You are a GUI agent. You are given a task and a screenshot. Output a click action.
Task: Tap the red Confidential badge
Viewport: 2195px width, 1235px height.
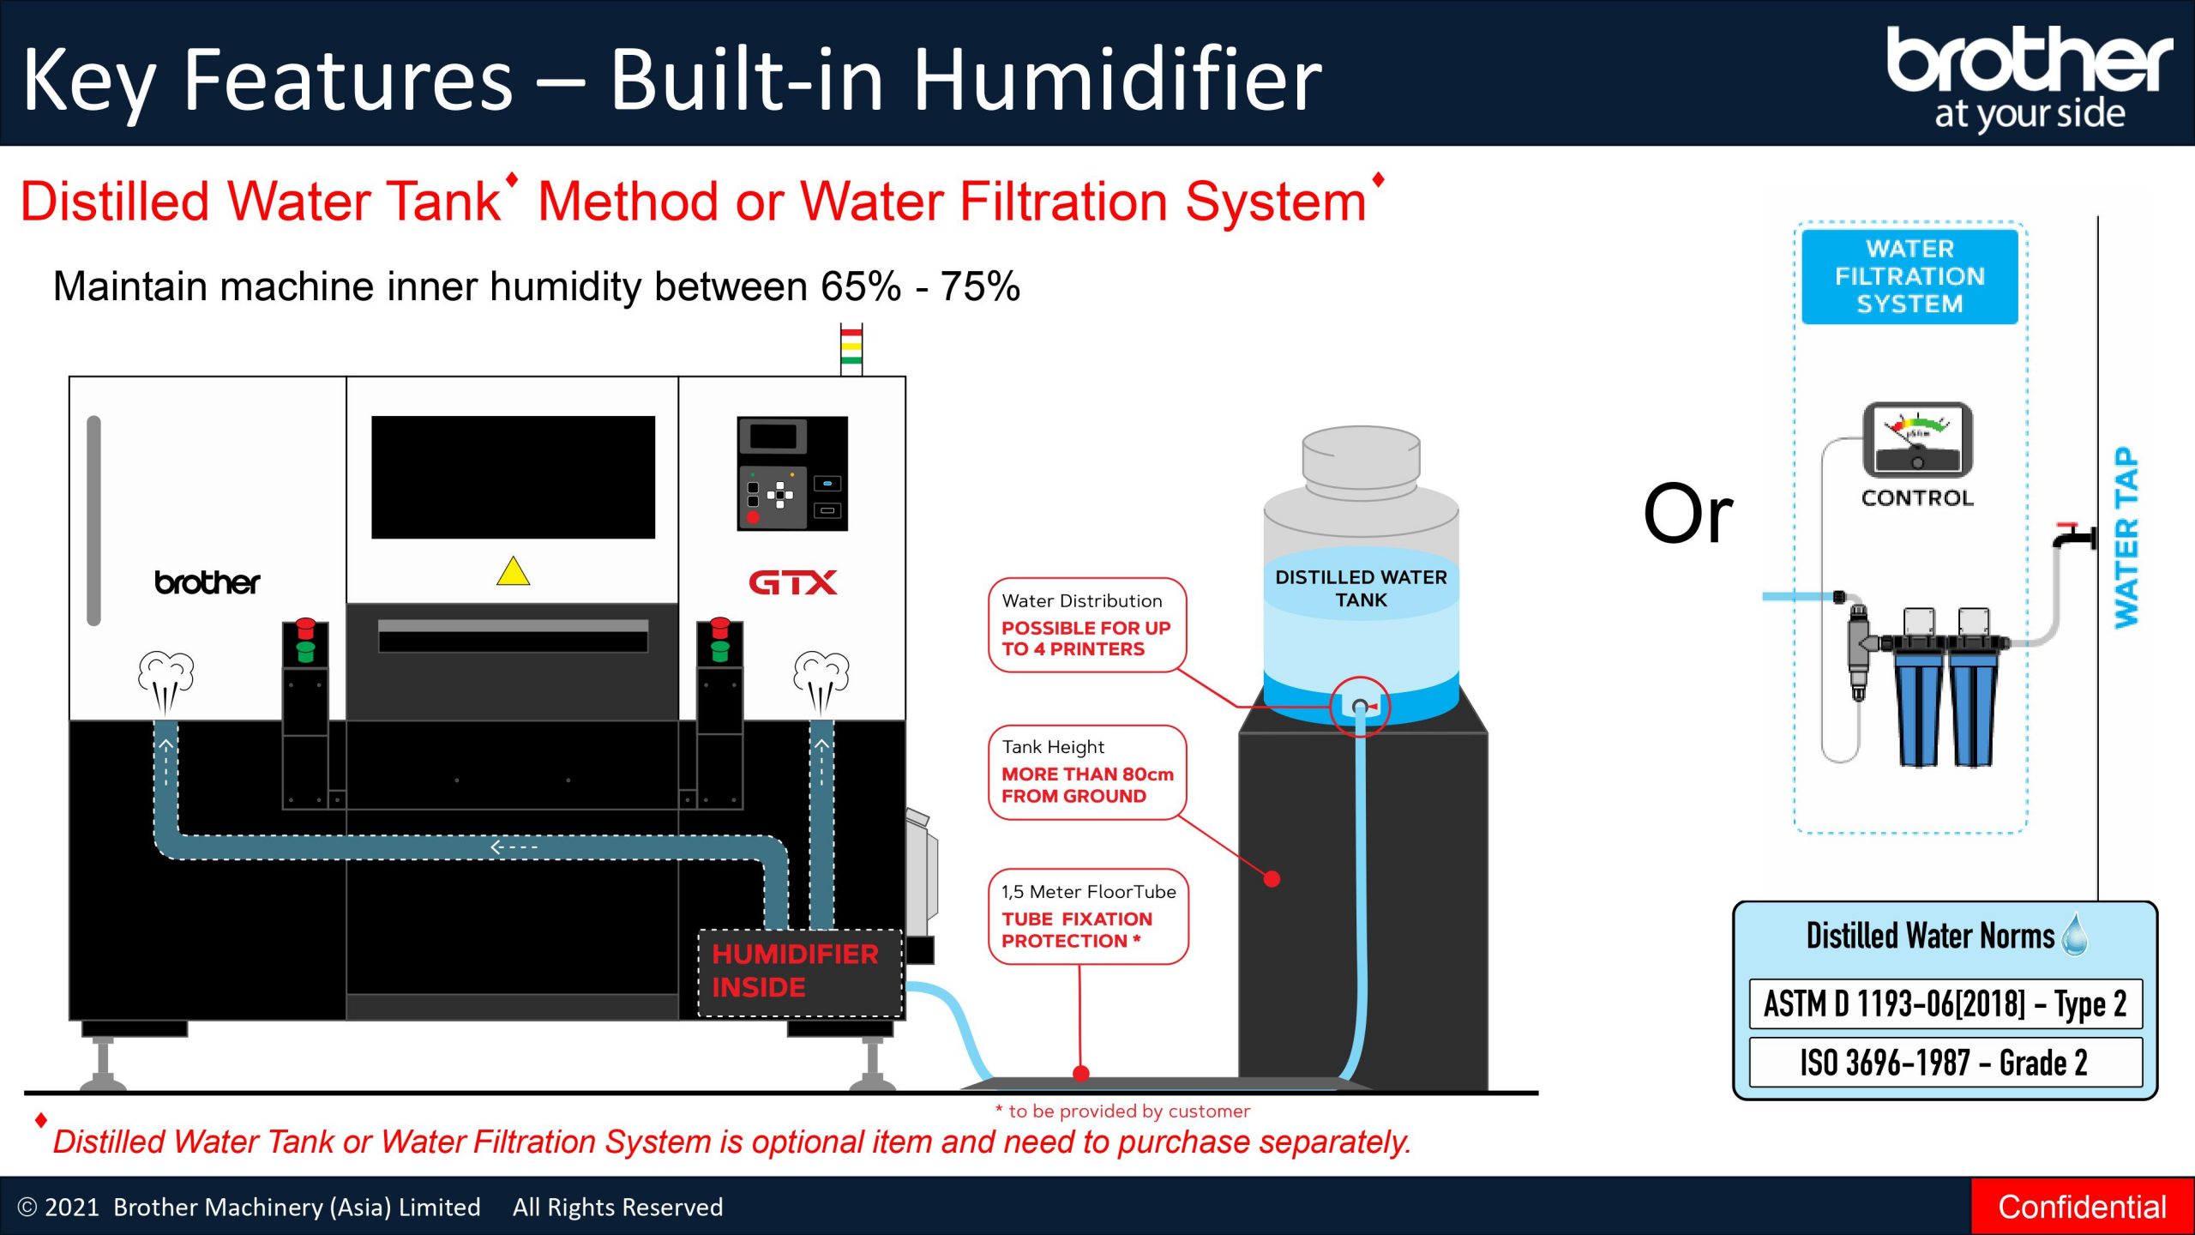point(2083,1207)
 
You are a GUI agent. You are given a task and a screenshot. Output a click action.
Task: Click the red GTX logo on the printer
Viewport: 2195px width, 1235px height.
point(792,583)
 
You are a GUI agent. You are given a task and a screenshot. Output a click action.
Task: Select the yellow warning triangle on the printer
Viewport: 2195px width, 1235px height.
point(513,570)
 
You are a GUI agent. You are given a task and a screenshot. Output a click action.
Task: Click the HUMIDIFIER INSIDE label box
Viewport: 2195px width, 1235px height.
point(799,973)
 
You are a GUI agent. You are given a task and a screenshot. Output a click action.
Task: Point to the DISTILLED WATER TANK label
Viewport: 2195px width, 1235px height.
point(1361,588)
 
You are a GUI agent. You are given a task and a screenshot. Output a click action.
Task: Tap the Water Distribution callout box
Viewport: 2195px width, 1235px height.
point(1086,625)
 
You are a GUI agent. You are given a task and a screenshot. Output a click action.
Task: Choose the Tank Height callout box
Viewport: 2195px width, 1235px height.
point(1086,772)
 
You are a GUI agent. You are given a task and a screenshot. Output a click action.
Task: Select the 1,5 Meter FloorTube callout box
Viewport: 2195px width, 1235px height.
point(1088,916)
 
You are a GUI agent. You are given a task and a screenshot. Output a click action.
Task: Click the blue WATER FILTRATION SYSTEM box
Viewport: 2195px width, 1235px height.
point(1909,276)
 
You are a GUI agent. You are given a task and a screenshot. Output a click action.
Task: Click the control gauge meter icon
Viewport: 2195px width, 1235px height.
point(1917,439)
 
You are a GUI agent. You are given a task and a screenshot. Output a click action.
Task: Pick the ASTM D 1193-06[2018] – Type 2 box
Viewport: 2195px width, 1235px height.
point(1945,1003)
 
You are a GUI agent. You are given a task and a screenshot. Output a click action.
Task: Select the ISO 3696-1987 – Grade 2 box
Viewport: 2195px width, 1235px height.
point(1945,1062)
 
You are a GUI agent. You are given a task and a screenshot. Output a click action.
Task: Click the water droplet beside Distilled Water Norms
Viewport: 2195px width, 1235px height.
point(2075,934)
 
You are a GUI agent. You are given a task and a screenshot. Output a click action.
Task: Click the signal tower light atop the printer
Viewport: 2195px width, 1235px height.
point(851,349)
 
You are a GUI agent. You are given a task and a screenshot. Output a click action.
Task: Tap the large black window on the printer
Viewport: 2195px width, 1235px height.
point(513,477)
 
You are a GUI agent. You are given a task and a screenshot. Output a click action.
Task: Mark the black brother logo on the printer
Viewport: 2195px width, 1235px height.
point(207,582)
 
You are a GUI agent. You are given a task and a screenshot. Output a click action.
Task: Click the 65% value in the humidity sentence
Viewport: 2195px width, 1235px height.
point(860,286)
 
